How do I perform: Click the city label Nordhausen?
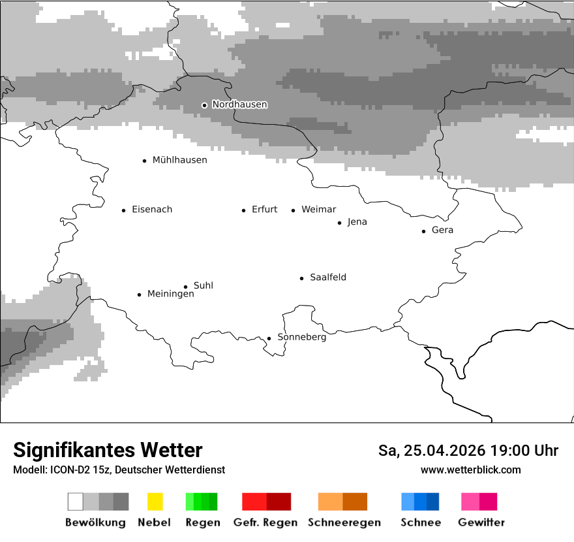coord(239,104)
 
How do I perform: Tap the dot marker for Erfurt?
coord(243,210)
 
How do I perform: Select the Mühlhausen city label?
coord(179,160)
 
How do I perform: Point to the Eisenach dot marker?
coord(123,210)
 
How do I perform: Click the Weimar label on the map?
coord(318,210)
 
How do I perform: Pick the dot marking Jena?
coord(339,223)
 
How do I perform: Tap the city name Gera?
coord(442,230)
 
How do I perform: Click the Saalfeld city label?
coord(327,278)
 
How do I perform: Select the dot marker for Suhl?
coord(185,286)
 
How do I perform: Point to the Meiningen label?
coord(170,294)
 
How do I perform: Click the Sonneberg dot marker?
coord(269,338)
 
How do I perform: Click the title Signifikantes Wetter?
coord(108,450)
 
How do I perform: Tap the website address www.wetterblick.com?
coord(470,470)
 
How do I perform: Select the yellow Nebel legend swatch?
coord(155,502)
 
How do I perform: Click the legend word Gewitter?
coord(481,522)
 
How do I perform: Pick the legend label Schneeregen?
coord(344,522)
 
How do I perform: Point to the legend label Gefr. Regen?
coord(265,522)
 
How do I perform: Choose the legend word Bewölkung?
coord(95,522)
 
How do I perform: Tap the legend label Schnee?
coord(421,522)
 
